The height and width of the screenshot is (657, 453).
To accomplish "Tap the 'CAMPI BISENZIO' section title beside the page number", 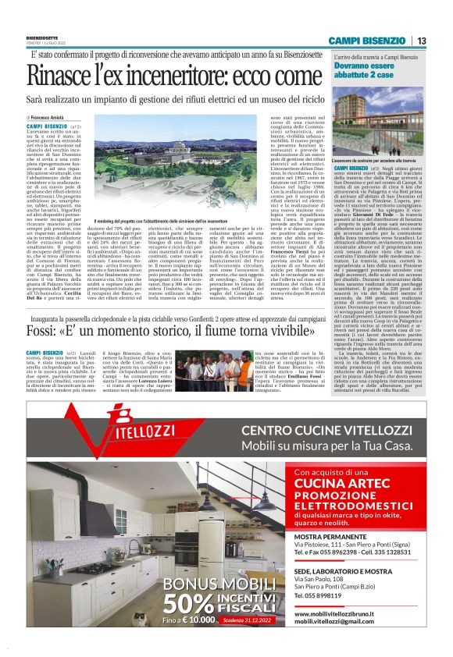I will click(x=366, y=41).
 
